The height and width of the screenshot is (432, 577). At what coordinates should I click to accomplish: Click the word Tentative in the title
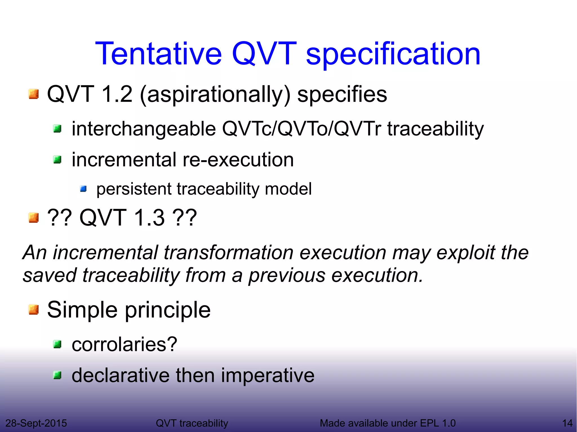click(x=159, y=53)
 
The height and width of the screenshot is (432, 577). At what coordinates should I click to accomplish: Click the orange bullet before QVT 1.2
click(x=34, y=94)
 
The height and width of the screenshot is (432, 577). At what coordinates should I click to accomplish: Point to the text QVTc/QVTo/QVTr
click(x=301, y=129)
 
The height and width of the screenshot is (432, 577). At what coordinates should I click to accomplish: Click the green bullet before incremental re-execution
click(x=57, y=160)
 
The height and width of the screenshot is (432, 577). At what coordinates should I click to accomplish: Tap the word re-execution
click(x=238, y=160)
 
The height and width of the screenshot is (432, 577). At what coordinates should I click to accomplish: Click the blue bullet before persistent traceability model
click(x=83, y=189)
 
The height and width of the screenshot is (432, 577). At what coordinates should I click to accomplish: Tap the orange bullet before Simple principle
click(x=34, y=310)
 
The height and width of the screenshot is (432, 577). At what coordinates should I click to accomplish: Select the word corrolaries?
click(x=124, y=344)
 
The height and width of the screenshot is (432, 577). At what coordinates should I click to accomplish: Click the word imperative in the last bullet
click(x=267, y=376)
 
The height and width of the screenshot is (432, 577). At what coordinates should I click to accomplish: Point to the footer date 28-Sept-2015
click(x=36, y=423)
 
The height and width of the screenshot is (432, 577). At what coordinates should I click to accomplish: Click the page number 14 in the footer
click(x=567, y=423)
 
